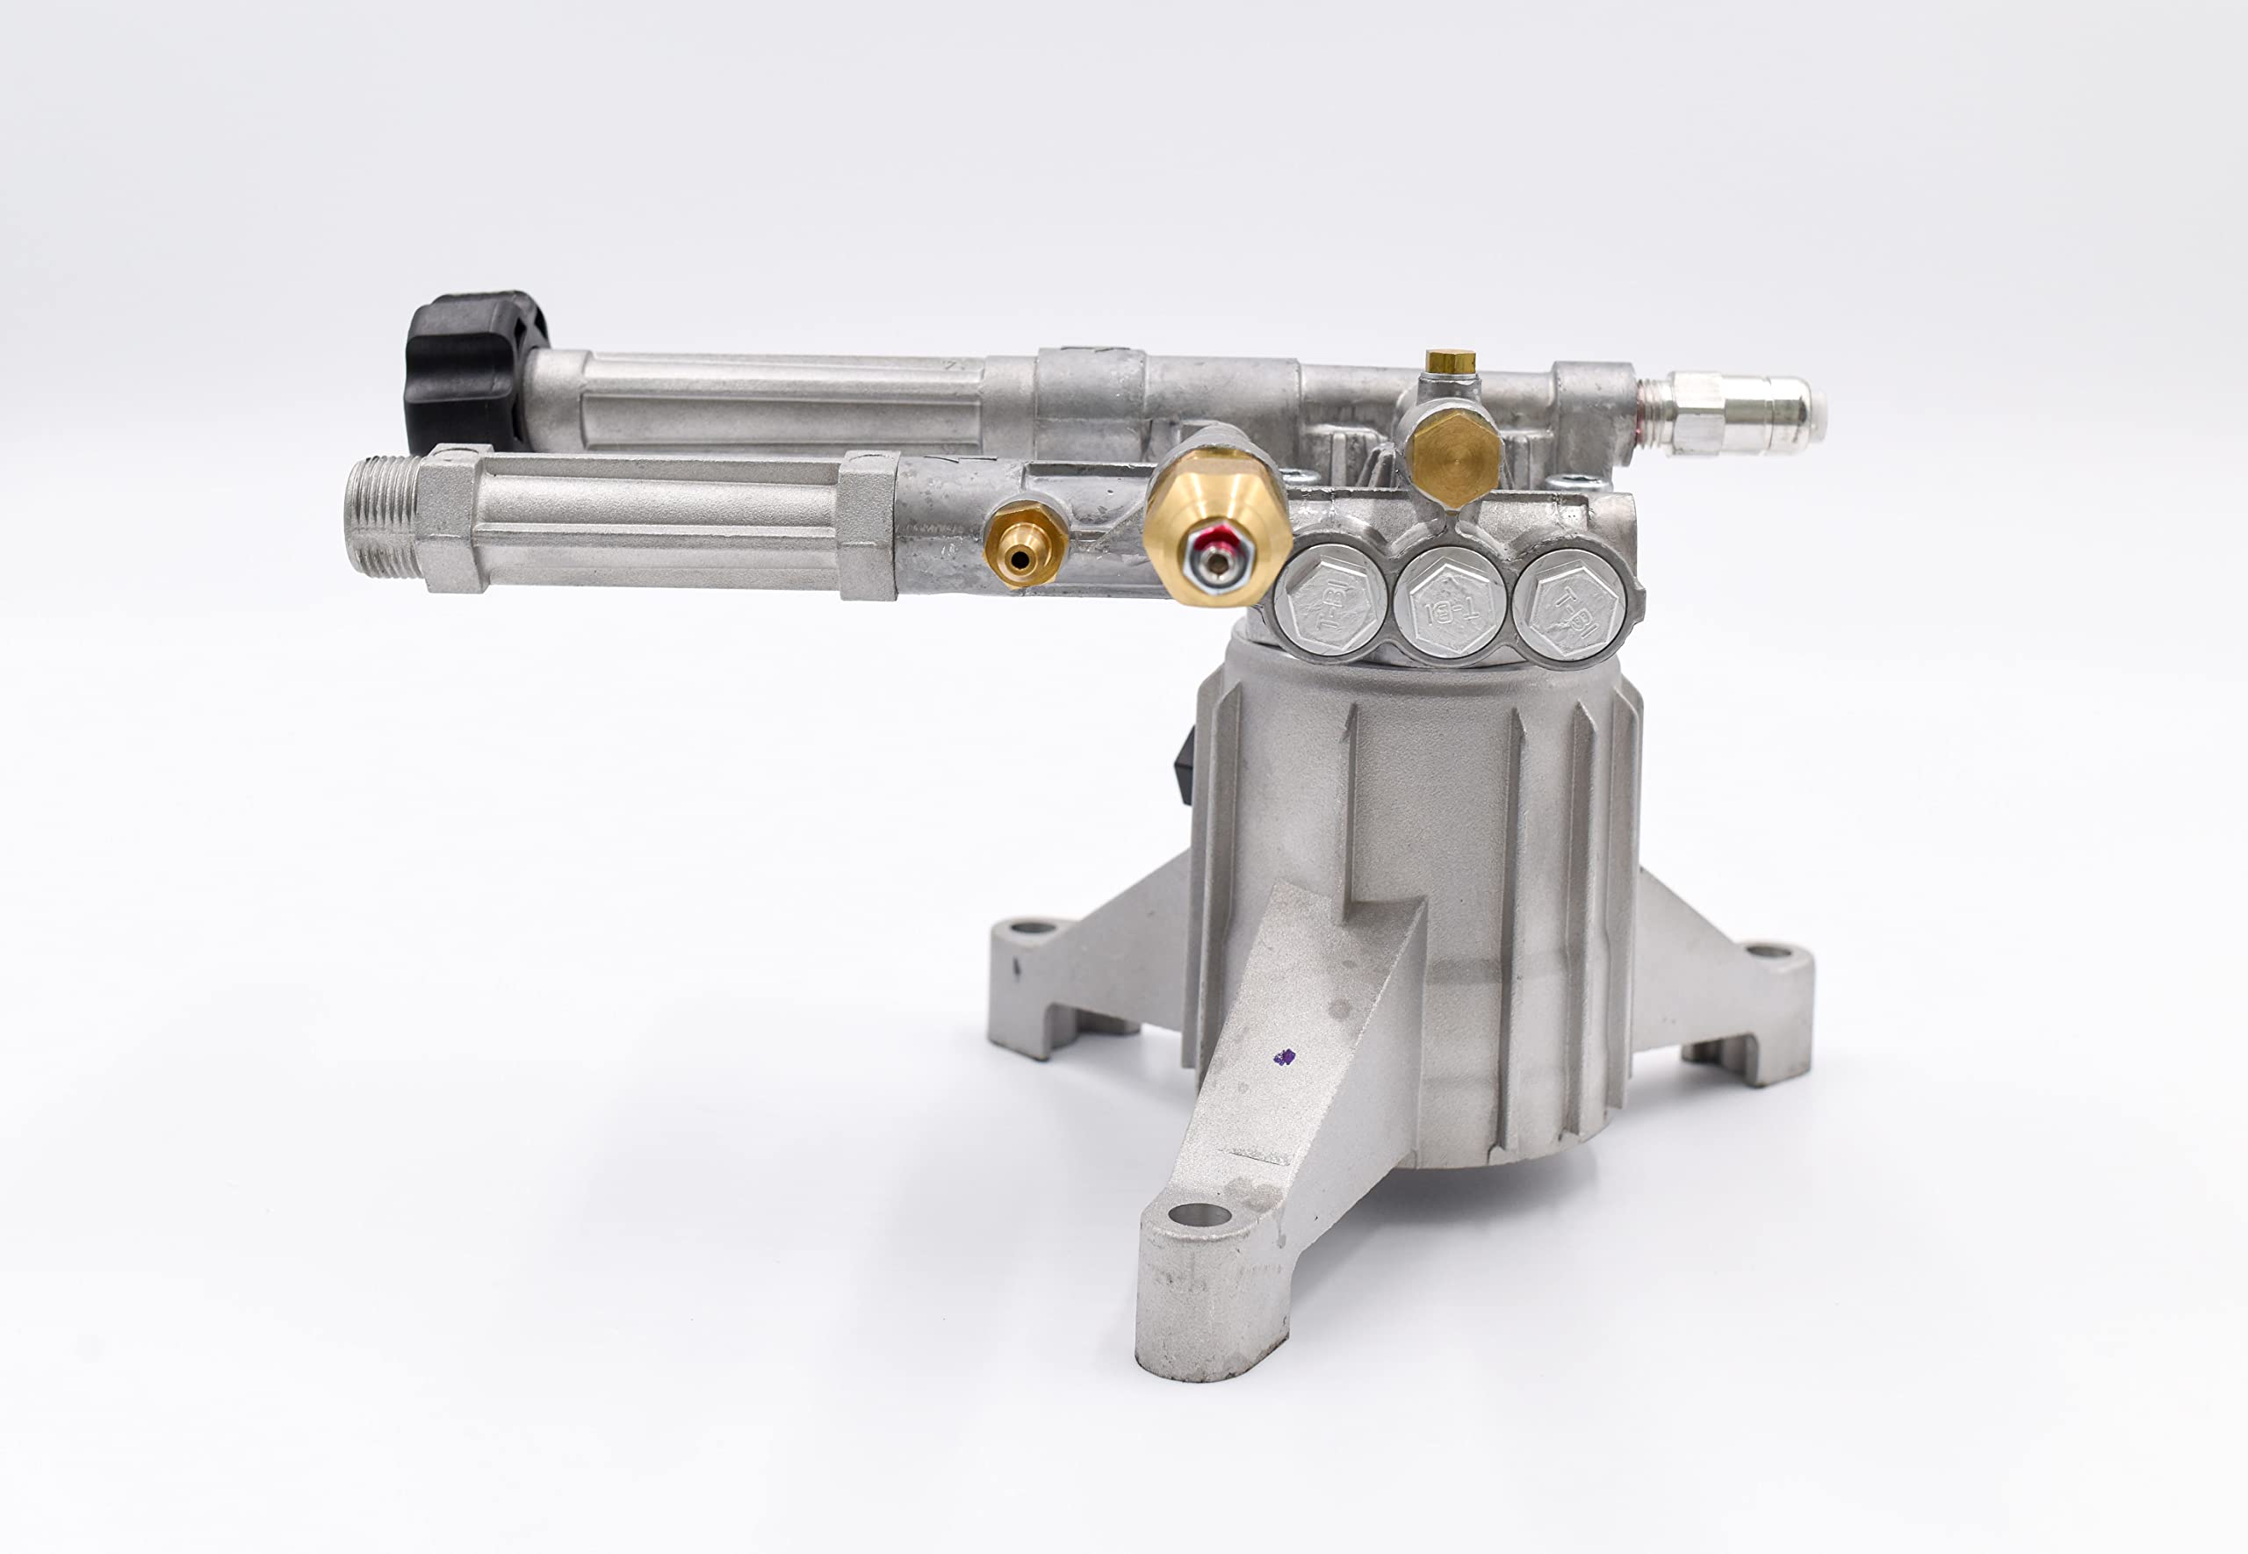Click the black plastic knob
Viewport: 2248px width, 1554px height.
click(x=469, y=370)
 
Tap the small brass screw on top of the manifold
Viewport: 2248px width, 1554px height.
click(x=1451, y=363)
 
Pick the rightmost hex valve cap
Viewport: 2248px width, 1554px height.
click(x=1570, y=604)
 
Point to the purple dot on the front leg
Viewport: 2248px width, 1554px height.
click(x=1285, y=1056)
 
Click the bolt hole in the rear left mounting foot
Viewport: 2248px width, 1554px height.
click(x=1032, y=926)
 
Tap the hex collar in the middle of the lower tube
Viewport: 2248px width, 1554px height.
click(x=867, y=526)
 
